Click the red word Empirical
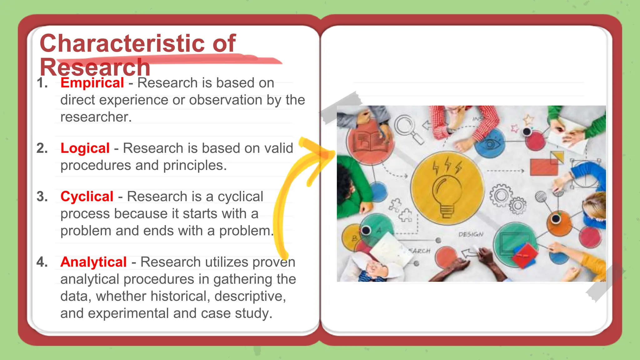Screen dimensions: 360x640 [92, 83]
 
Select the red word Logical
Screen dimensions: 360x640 [85, 148]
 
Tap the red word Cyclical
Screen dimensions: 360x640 [87, 197]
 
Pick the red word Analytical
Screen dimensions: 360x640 [93, 262]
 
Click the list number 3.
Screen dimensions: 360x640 [42, 197]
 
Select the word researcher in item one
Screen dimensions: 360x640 [96, 117]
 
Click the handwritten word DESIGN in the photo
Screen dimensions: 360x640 [471, 234]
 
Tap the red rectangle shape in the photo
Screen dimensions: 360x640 [544, 167]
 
